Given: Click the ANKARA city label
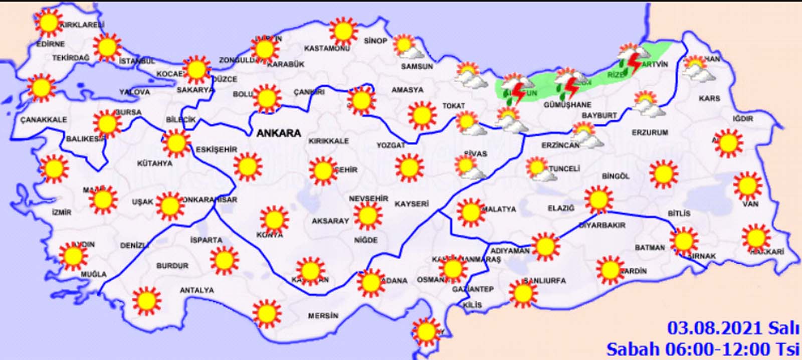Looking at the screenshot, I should click(279, 133).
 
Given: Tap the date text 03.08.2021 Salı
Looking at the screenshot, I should click(732, 328).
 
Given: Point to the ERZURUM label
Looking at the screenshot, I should click(650, 132).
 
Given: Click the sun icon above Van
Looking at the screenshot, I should click(747, 185).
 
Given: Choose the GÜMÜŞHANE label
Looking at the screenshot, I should click(567, 105).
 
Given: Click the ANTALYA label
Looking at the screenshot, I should click(196, 290).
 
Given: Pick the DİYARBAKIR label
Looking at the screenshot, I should click(602, 226).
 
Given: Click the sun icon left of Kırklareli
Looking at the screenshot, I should click(49, 23).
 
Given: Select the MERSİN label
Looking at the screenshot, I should click(323, 316).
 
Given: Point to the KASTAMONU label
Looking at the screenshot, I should click(327, 49).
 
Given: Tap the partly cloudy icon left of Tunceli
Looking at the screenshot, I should click(539, 169).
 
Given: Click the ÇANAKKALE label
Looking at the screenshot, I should click(44, 120).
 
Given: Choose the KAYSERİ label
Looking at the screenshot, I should click(412, 204).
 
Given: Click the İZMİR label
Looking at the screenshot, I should click(62, 212).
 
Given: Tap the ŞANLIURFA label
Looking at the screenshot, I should click(544, 281).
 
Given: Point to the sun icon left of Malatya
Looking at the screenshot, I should click(470, 212).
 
